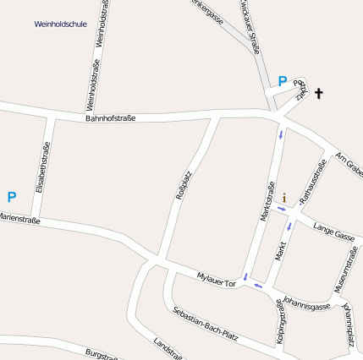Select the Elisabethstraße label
pos(42,168)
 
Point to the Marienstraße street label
pos(19,218)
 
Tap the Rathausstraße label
pos(314,177)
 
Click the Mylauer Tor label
pos(216,281)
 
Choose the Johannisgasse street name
pos(306,302)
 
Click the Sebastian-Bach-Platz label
pos(206,326)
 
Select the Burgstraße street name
pos(102,352)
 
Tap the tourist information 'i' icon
pos(284,198)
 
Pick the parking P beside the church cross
pos(282,82)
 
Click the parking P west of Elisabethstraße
pos(12,197)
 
